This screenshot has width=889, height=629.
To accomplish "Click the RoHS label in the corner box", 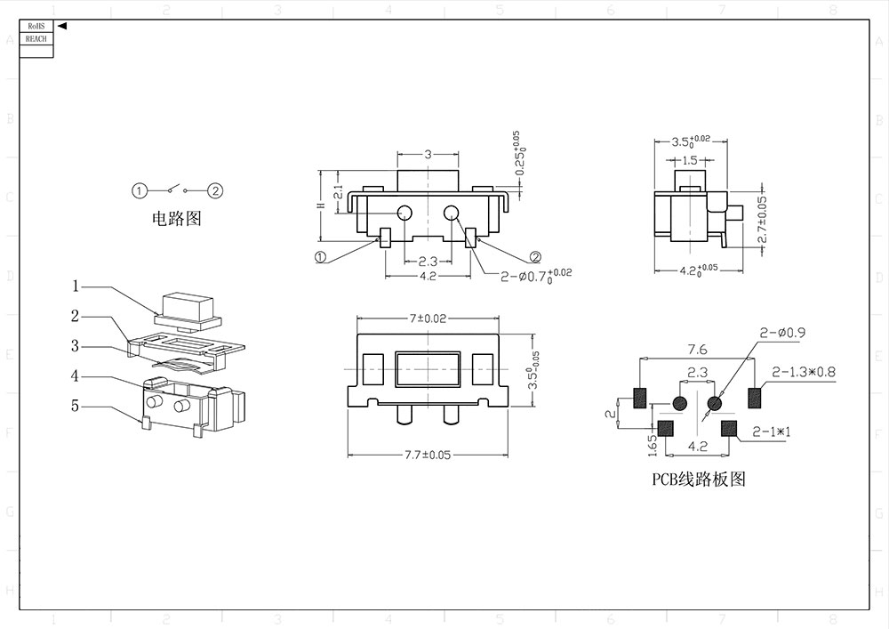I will click(36, 28).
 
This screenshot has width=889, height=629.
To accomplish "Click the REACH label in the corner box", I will click(36, 39).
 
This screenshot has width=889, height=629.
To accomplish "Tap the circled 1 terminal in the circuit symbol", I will click(139, 190).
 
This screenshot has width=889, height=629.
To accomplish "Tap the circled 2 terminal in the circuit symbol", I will click(216, 190).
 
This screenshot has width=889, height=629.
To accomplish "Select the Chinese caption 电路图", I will click(177, 219).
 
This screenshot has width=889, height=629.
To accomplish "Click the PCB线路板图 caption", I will click(698, 480).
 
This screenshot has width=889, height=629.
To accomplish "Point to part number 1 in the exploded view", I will click(76, 286).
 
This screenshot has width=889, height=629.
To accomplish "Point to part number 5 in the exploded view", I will click(76, 406).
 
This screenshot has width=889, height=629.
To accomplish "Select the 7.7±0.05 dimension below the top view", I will click(428, 455).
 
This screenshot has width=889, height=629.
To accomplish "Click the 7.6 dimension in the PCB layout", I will click(697, 350).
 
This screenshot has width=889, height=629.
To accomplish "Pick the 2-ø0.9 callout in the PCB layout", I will click(782, 333).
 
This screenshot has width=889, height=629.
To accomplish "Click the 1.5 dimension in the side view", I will click(690, 161).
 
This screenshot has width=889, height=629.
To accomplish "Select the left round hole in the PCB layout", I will click(680, 404).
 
